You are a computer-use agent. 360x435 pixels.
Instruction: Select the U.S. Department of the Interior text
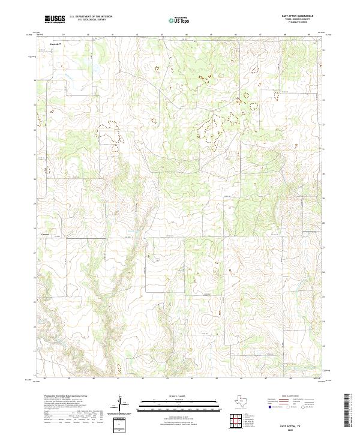pos(91,17)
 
